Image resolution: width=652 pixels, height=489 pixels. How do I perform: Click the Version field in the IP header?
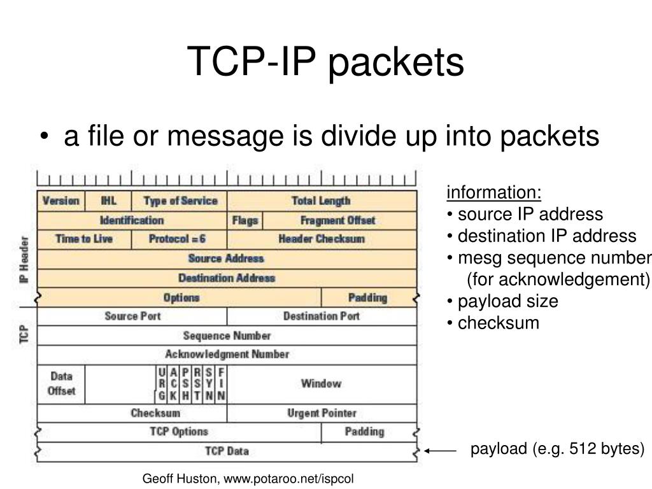60,201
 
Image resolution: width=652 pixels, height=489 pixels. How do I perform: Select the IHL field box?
108,201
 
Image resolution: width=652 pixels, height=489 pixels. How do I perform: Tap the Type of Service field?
180,201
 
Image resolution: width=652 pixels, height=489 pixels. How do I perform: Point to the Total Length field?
322,201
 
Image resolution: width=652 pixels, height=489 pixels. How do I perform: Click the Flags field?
244,220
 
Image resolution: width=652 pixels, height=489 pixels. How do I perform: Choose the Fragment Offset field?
339,220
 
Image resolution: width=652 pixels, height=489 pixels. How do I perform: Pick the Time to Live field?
84,239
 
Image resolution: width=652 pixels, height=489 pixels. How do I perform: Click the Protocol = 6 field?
178,239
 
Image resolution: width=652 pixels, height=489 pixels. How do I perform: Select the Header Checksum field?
322,239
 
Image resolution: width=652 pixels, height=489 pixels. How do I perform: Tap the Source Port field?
132,316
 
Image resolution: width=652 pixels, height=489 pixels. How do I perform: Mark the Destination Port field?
322,316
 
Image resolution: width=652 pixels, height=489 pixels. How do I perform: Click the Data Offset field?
61,384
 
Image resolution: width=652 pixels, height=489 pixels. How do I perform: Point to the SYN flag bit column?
209,384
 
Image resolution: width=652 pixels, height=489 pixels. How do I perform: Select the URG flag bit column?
162,384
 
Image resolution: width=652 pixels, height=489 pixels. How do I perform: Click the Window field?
322,384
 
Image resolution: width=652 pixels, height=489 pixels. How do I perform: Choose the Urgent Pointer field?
322,413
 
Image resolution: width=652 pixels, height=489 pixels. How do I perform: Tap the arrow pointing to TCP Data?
441,450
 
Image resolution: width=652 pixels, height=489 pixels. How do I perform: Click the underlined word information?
494,192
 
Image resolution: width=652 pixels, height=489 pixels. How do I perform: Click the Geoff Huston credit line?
247,478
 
